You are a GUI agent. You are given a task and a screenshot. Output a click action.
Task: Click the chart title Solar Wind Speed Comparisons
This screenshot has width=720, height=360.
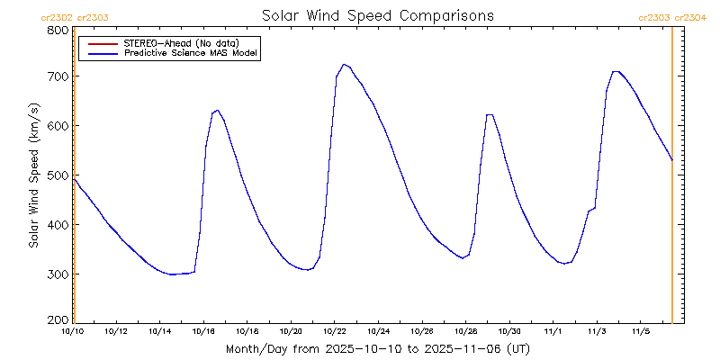coord(377,15)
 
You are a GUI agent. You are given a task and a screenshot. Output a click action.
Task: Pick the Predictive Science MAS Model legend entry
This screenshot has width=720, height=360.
coord(191,54)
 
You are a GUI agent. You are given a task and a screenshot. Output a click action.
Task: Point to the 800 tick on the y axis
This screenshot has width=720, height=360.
coord(58,30)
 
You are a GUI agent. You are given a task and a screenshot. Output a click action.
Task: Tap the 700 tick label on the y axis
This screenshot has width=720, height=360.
coord(58,76)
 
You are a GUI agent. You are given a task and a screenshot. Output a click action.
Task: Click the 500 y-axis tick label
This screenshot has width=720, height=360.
coord(58,175)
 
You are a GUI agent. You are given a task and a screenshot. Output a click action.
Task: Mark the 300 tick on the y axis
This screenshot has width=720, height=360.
coord(58,274)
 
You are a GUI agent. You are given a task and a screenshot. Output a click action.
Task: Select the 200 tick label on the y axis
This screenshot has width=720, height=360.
coord(58,319)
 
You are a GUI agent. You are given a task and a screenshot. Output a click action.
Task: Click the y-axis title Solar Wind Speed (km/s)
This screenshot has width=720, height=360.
coord(33,175)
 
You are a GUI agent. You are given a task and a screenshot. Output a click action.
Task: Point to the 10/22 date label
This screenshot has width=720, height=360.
coord(335,331)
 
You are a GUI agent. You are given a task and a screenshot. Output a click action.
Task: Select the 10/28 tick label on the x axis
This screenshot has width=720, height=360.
coord(465,331)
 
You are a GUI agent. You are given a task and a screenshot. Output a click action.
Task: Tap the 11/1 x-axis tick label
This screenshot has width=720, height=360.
coord(553,331)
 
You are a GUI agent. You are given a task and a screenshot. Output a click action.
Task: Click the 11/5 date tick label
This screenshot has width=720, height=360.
coord(640,331)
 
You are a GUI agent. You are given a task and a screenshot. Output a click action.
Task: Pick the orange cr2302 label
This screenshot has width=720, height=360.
coord(58,17)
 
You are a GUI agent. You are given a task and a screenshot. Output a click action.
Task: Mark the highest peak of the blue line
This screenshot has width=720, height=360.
coord(344,64)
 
